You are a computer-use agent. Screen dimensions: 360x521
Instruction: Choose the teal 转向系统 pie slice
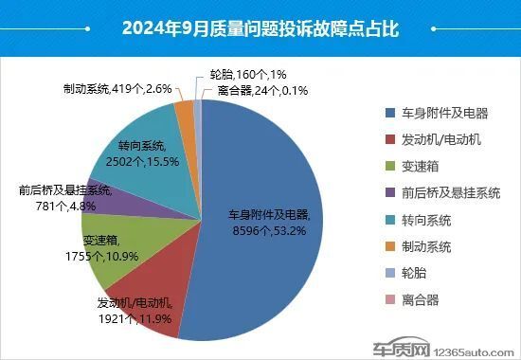pos(142,142)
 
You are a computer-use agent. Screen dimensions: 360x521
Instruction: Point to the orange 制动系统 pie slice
pos(186,110)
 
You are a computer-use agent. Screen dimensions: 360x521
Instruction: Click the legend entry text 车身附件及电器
pos(446,113)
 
